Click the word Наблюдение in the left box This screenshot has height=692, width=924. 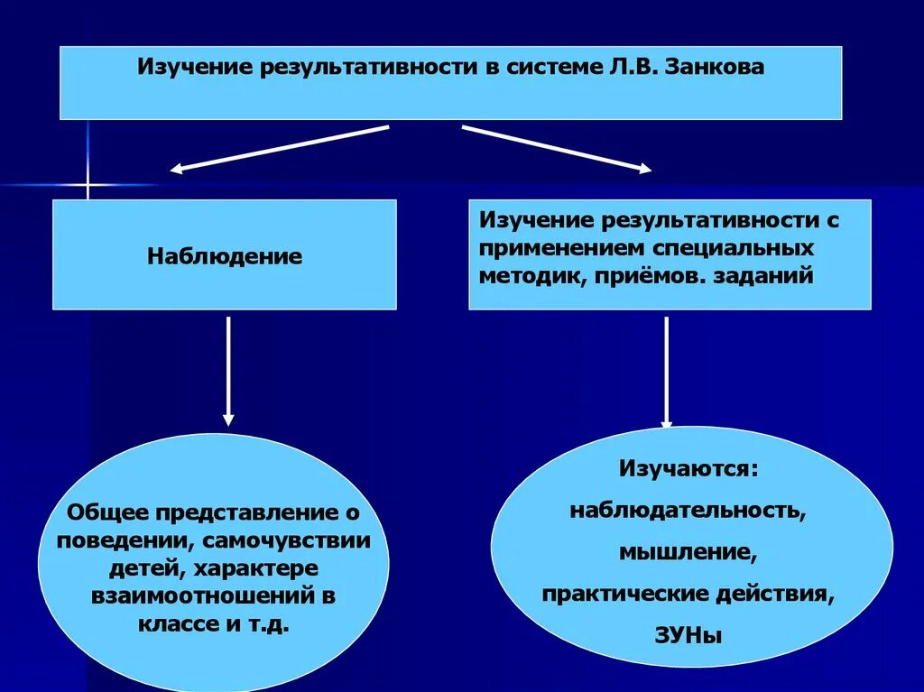pos(225,256)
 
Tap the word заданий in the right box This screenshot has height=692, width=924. pos(763,276)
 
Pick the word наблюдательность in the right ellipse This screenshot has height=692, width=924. pos(687,510)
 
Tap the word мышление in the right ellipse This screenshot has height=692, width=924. pos(687,551)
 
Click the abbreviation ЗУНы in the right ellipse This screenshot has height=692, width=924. pos(688,635)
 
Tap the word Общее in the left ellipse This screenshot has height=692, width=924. pos(110,513)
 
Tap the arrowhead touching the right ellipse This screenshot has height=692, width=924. pos(667,423)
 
